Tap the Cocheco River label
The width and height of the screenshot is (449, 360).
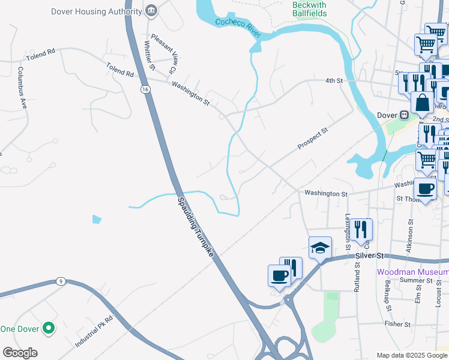239,28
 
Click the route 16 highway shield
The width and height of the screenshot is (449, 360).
145,89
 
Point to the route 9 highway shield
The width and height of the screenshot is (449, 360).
60,281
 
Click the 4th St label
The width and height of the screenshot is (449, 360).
333,80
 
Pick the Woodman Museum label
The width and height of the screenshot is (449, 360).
412,272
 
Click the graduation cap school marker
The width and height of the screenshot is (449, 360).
320,247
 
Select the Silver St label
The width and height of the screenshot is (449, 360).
369,256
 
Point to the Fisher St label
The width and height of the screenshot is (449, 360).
398,324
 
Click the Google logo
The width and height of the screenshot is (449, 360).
20,353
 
